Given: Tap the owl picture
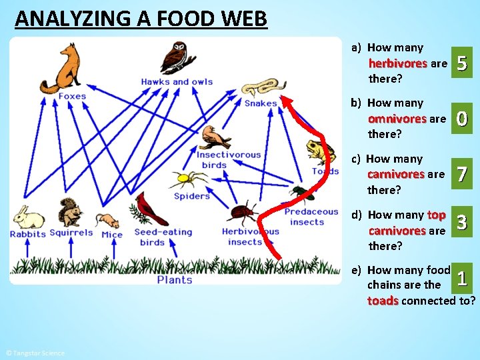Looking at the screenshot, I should [178, 57].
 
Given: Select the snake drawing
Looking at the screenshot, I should [260, 87].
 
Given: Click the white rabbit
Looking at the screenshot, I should [29, 217].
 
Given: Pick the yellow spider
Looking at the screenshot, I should [182, 179].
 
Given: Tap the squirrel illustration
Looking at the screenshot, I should [69, 213].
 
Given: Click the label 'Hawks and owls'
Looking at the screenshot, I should [177, 82].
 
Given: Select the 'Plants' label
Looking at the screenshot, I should [175, 280].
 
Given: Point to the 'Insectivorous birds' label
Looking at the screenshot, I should [228, 160].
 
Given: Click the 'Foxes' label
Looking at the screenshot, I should [72, 96].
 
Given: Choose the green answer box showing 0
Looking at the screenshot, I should [463, 119].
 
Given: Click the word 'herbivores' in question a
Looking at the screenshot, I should [397, 64].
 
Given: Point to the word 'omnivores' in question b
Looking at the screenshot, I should [397, 119].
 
